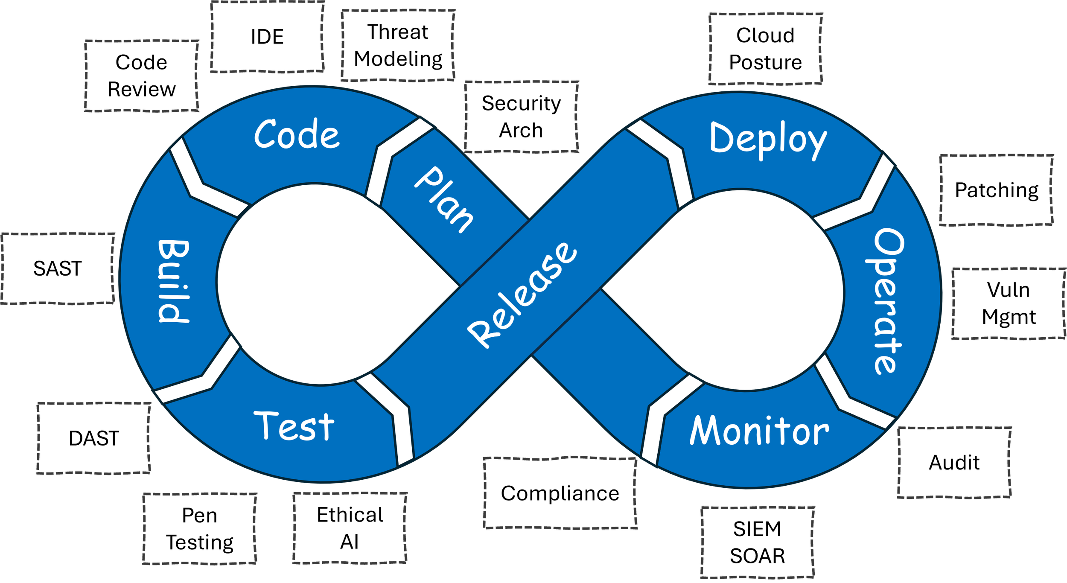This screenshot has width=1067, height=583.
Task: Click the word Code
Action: pyautogui.click(x=297, y=134)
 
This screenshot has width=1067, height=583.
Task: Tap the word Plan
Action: pyautogui.click(x=444, y=200)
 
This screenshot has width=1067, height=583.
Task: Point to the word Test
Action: pyautogui.click(x=294, y=426)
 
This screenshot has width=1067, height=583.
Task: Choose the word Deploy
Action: pyautogui.click(x=768, y=139)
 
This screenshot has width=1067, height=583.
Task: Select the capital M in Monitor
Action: pyautogui.click(x=704, y=431)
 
